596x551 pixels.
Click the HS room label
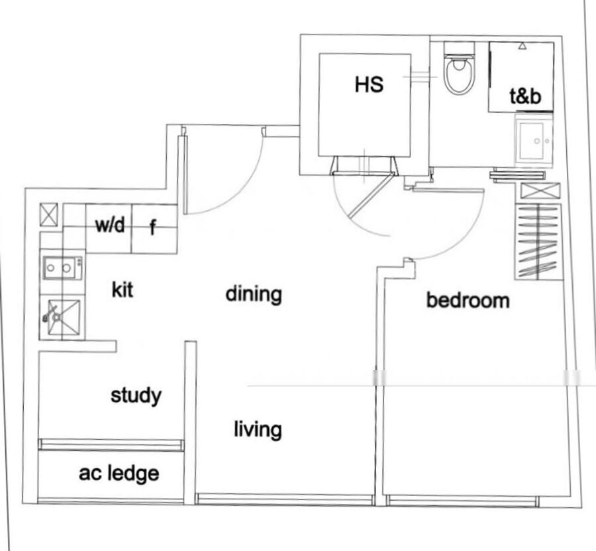[369, 84]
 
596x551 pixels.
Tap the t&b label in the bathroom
[525, 96]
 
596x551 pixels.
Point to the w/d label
[110, 225]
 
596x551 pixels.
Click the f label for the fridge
[153, 227]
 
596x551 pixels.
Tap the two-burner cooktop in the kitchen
[63, 268]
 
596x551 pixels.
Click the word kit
[123, 290]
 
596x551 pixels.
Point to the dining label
[254, 295]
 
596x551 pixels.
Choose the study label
[136, 396]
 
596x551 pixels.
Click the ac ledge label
[119, 474]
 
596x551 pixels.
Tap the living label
[258, 430]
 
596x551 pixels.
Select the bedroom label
[468, 300]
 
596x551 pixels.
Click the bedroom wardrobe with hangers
[538, 242]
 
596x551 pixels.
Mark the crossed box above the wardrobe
[540, 190]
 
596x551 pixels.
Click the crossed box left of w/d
[49, 215]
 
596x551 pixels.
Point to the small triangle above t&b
[523, 46]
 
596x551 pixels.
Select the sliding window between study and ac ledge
[111, 445]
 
